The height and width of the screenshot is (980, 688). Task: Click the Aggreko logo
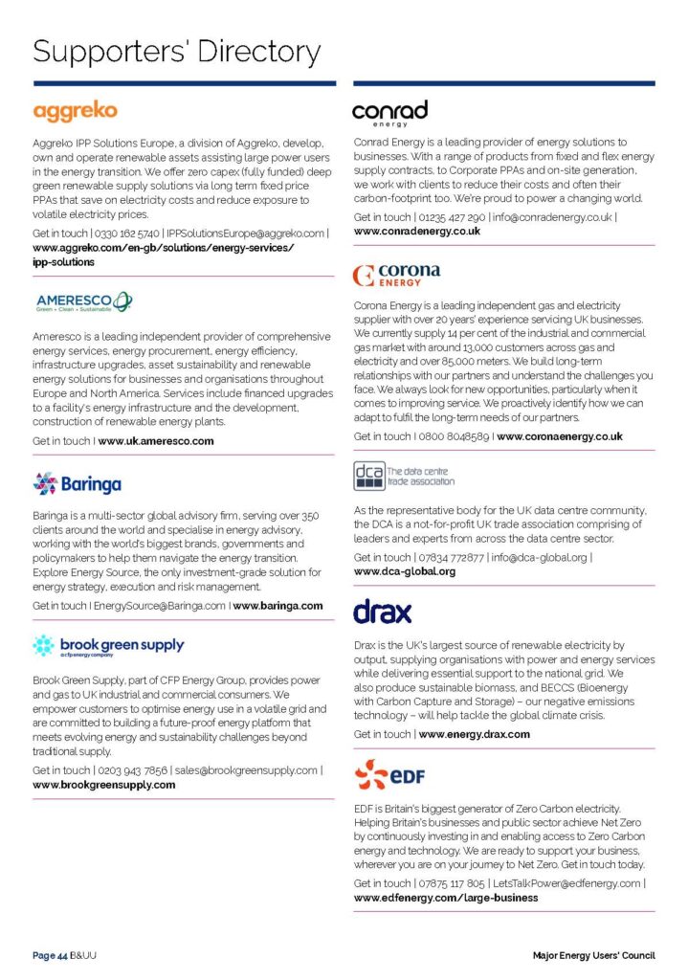tap(75, 111)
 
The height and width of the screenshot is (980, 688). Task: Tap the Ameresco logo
tap(84, 302)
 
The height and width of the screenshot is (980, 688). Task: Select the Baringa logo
tap(78, 484)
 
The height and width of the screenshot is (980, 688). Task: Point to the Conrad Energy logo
tap(389, 112)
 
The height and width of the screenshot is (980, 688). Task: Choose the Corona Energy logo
tap(396, 275)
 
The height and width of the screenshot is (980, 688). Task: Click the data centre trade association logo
tap(404, 476)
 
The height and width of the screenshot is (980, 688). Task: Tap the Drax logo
tap(382, 611)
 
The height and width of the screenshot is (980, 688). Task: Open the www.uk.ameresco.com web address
tap(156, 441)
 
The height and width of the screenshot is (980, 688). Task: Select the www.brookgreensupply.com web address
tap(104, 785)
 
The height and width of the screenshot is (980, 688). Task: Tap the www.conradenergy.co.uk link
tap(417, 232)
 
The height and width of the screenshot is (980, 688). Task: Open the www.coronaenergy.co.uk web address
tap(560, 436)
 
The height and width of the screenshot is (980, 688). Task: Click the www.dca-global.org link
tap(405, 571)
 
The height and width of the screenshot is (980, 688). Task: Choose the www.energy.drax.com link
tap(474, 734)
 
